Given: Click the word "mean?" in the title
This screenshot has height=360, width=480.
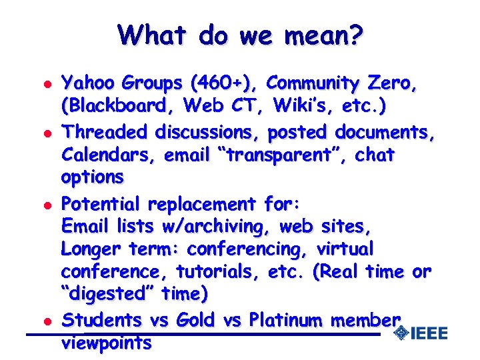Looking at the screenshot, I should click(323, 34).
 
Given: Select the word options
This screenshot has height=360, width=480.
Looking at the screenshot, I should click(92, 177).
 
